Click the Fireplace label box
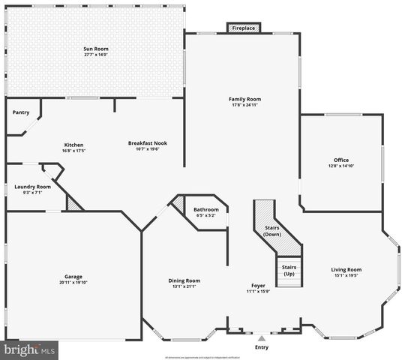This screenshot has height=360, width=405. (243, 28)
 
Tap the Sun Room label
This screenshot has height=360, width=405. (95, 49)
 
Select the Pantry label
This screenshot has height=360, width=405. (21, 112)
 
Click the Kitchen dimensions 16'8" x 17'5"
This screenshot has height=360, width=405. (73, 150)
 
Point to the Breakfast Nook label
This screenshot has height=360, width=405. (147, 143)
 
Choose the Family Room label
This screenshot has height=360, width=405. (244, 99)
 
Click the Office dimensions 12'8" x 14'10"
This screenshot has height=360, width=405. (341, 166)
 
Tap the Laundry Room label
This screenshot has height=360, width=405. (33, 187)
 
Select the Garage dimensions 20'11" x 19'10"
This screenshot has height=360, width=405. (73, 282)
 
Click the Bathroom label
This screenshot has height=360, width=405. (205, 209)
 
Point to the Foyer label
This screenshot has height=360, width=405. (258, 285)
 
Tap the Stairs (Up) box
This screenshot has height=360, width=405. (289, 271)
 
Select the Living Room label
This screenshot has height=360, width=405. (346, 269)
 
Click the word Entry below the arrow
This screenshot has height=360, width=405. (261, 347)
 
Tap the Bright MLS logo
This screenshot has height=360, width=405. (30, 349)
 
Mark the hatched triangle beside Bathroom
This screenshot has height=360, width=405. (179, 202)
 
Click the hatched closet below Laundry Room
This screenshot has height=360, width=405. (73, 202)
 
